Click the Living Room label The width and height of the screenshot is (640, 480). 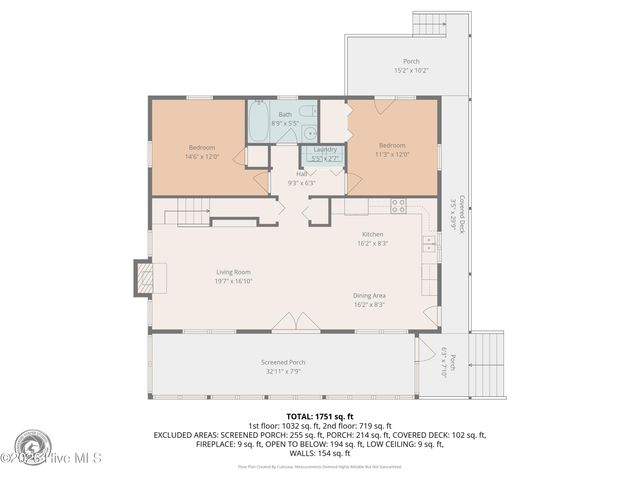233,272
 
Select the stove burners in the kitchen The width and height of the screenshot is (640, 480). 398,206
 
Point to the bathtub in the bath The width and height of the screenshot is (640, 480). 259,125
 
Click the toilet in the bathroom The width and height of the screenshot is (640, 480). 308,112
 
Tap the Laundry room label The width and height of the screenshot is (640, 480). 324,150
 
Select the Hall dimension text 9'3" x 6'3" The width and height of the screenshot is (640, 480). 301,183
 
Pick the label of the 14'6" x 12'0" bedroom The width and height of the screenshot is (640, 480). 201,148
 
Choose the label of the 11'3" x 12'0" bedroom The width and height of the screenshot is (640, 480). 391,148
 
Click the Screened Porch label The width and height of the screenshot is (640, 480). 283,362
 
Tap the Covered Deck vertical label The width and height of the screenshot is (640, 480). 456,214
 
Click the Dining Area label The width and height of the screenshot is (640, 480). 370,295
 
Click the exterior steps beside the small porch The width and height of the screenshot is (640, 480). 489,356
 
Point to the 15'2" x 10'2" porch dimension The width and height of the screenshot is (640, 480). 411,71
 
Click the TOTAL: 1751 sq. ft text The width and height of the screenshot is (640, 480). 319,416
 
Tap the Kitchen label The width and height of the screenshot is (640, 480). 372,234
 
